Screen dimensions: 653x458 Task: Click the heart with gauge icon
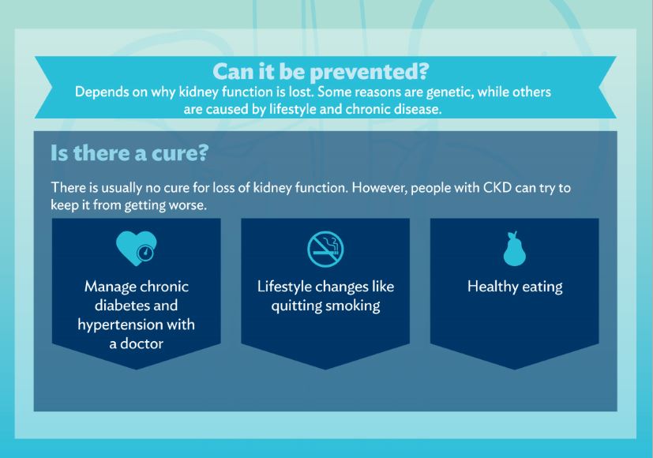[136, 249]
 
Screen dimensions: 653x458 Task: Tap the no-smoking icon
[325, 249]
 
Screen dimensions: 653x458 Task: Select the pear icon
[515, 249]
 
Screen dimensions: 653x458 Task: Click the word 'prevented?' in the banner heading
[369, 72]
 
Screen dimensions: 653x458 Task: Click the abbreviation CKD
[497, 187]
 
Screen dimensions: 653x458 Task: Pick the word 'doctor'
[141, 343]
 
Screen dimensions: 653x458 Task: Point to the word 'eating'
[542, 287]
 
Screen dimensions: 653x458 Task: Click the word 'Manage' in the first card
[111, 287]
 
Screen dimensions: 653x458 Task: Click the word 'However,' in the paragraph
[379, 188]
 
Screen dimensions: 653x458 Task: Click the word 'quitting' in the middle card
[296, 306]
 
